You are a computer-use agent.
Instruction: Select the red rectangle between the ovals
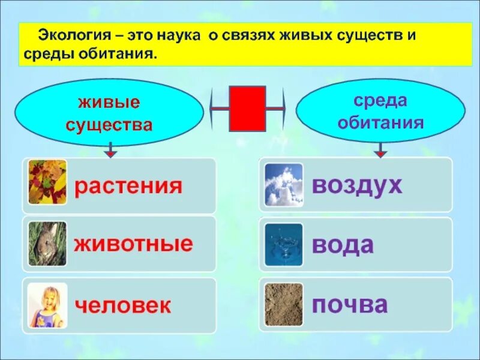point(247,109)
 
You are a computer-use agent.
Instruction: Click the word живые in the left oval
point(109,102)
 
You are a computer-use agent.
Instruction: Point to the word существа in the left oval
point(109,125)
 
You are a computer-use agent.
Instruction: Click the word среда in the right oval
point(380,100)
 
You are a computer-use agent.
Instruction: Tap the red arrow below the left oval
point(110,151)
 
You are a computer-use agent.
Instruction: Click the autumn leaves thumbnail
point(47,182)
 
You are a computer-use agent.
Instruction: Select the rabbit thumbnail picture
point(47,244)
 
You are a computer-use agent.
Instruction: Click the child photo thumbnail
point(47,305)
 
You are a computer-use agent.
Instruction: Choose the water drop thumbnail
point(284,244)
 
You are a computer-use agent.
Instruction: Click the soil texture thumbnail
point(284,305)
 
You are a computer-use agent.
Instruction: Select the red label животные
point(133,244)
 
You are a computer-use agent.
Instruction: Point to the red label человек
point(123,306)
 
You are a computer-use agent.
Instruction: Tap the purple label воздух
point(356,185)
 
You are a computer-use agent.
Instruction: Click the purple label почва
point(349,305)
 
